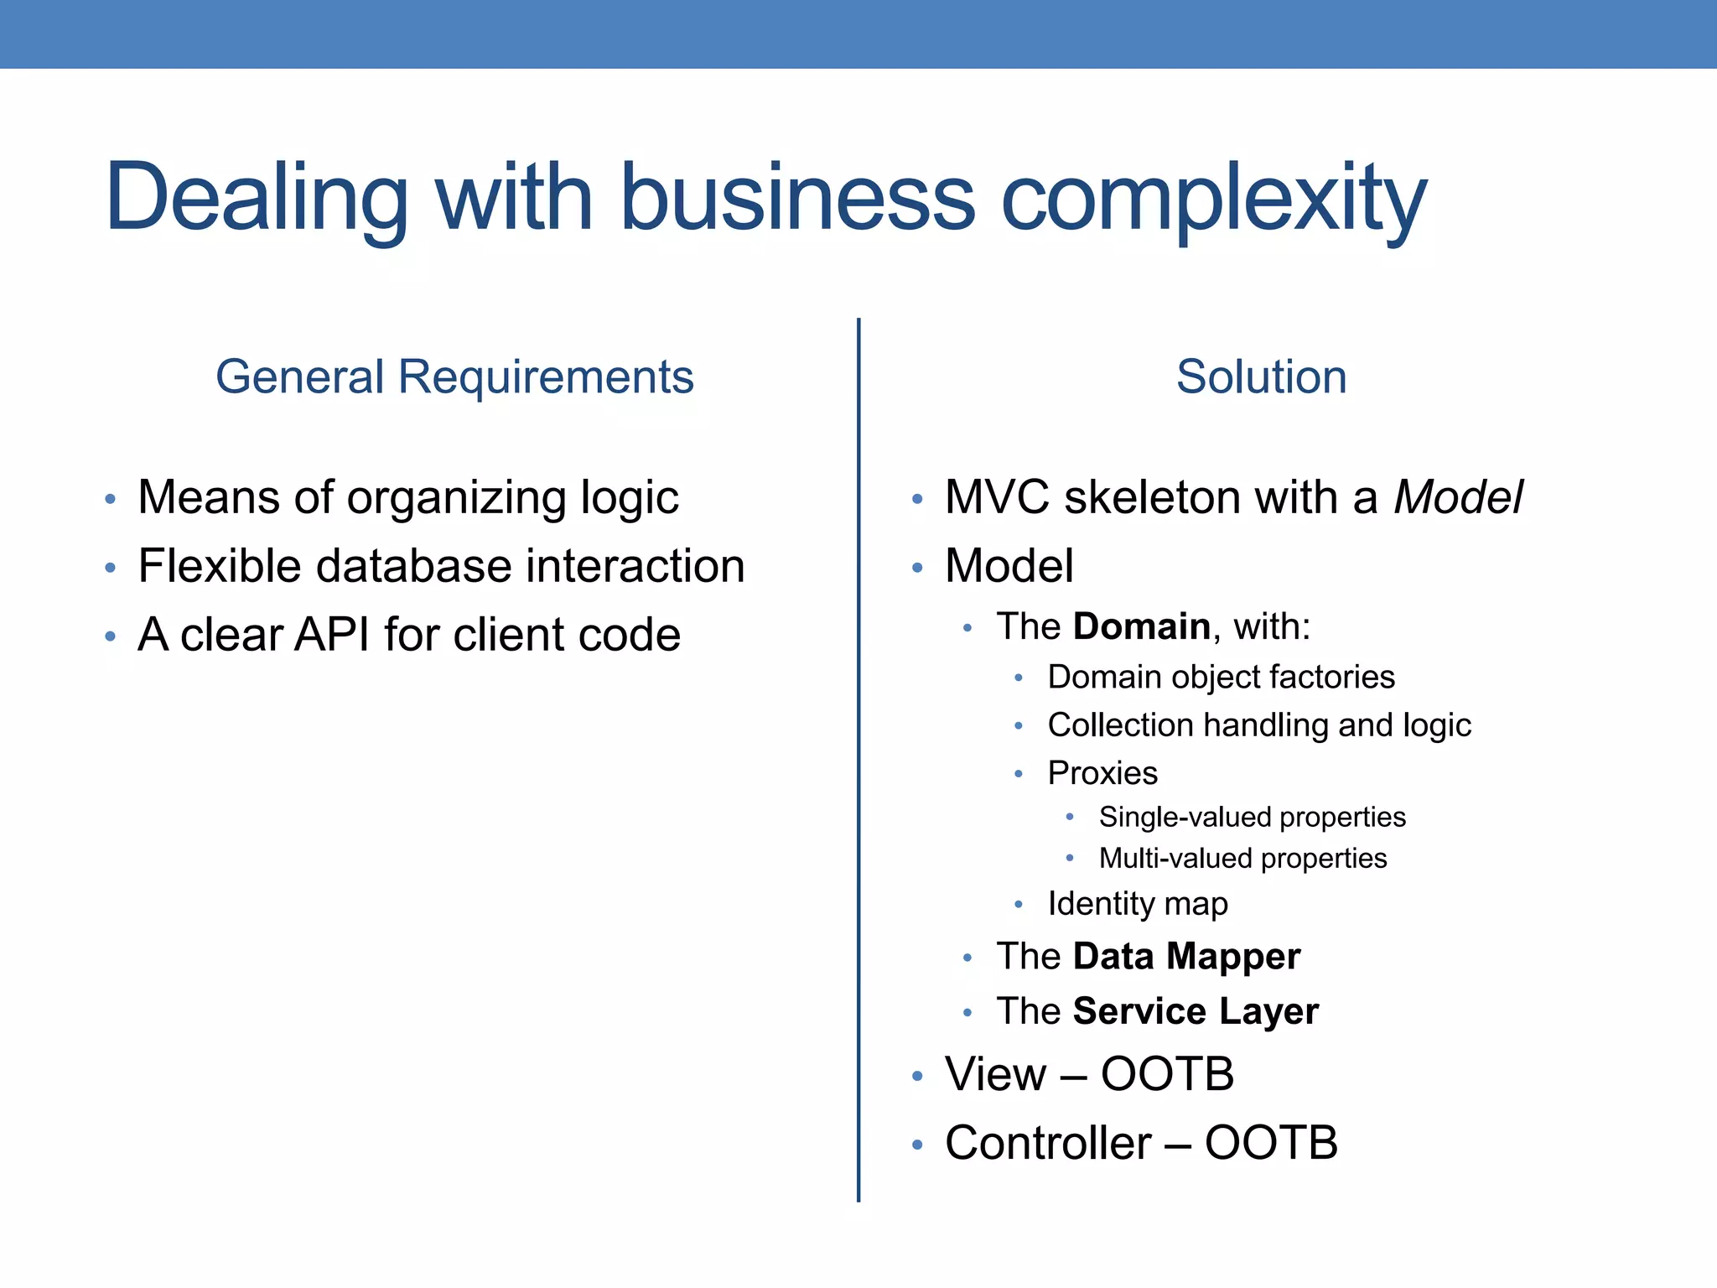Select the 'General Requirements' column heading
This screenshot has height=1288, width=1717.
tap(454, 377)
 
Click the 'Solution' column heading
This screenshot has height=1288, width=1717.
tap(1261, 377)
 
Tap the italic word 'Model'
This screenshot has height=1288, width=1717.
tap(1458, 497)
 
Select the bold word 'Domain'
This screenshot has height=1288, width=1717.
tap(1141, 626)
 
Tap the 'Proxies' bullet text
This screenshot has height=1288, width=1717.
tap(1102, 773)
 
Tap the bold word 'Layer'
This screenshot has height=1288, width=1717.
tap(1268, 1012)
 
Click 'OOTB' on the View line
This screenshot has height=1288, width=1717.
tap(1167, 1074)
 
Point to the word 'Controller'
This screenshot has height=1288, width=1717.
tap(1048, 1143)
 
